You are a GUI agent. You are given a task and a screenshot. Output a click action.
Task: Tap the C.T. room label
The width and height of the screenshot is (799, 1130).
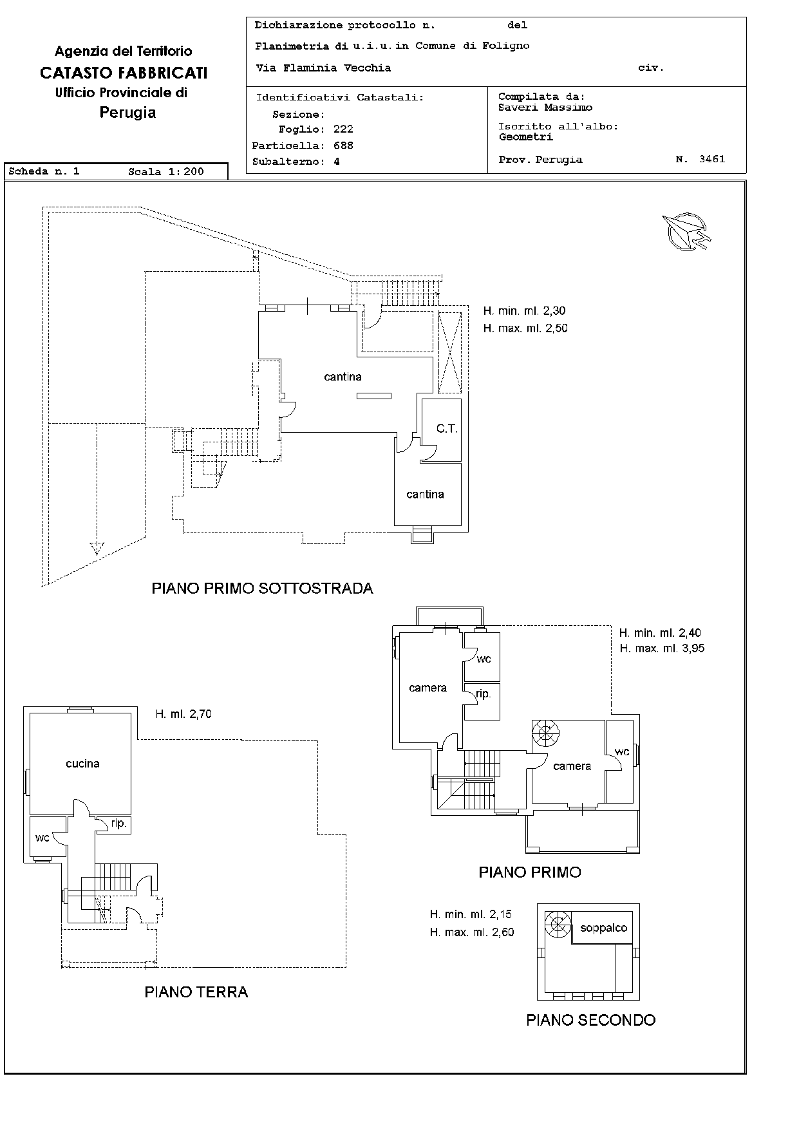click(x=447, y=428)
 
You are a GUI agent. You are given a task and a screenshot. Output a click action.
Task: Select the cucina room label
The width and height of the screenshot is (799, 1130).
click(x=83, y=764)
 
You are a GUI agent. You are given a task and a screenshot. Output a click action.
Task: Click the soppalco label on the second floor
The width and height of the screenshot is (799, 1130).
click(x=603, y=928)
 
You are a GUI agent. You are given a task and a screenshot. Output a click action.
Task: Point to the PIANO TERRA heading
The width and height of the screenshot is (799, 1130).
click(x=196, y=992)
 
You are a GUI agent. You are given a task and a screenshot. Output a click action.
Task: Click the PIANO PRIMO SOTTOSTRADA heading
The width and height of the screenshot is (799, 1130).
click(x=263, y=588)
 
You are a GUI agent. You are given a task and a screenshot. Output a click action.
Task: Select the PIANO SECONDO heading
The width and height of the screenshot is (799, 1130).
click(x=591, y=1020)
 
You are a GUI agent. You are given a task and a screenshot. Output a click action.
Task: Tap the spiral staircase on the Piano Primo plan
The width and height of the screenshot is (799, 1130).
click(x=545, y=733)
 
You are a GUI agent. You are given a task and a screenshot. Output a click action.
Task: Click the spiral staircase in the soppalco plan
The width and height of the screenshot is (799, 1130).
click(x=558, y=925)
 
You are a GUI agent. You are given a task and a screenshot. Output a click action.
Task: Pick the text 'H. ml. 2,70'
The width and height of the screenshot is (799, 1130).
click(x=183, y=713)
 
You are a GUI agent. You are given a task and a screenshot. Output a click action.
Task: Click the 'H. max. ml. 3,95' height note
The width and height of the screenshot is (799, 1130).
click(x=663, y=648)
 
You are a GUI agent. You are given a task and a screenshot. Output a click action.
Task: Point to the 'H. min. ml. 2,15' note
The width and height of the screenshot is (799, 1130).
click(x=472, y=914)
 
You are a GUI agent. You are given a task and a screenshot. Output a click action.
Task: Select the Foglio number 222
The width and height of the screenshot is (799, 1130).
click(x=344, y=129)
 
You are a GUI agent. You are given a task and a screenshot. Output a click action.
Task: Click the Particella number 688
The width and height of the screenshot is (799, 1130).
click(x=344, y=146)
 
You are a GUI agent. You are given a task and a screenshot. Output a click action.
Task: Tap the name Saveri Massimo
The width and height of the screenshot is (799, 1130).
click(x=545, y=108)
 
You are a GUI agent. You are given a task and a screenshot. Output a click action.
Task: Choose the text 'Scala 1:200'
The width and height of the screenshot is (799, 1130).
click(x=166, y=172)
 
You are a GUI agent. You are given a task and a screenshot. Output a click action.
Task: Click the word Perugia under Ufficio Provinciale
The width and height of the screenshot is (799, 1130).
click(x=127, y=113)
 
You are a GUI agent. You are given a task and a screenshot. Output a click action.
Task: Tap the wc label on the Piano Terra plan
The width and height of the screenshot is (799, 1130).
click(x=42, y=838)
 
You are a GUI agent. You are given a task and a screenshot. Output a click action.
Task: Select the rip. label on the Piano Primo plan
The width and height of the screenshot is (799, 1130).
click(x=484, y=694)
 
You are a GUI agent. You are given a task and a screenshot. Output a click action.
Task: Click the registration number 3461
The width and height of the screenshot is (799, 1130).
click(x=712, y=159)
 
